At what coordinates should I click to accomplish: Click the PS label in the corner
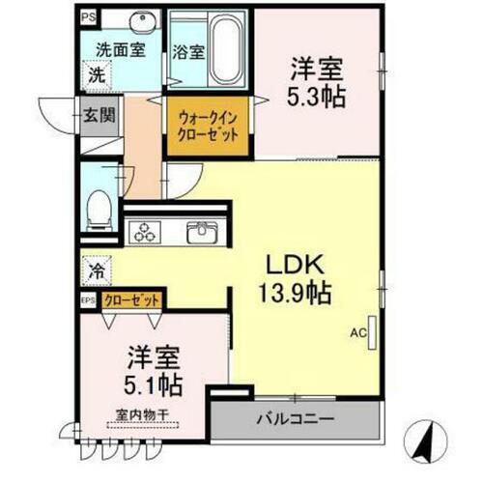(88, 16)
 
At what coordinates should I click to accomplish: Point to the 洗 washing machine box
(98, 74)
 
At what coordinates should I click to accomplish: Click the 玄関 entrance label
(97, 115)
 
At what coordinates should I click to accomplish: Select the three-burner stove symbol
(146, 232)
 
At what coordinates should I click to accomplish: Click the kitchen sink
(204, 232)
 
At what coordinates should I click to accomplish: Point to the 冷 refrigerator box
(97, 270)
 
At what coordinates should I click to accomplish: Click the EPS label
(87, 300)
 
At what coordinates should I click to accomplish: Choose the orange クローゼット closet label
(131, 300)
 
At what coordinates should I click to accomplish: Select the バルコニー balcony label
(295, 421)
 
